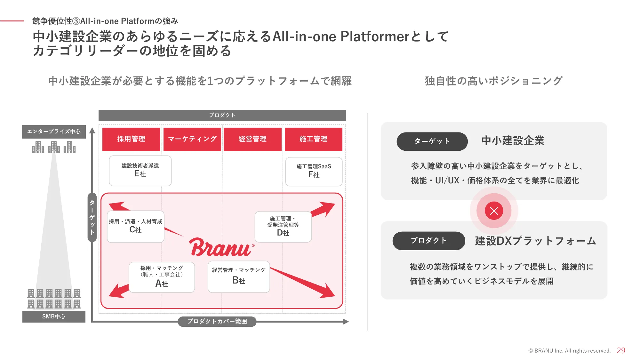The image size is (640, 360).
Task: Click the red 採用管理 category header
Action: point(131,139)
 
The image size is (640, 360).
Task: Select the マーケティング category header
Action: point(192,139)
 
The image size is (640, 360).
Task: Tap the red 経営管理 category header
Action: point(252,139)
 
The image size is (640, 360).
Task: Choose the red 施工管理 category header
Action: point(313,139)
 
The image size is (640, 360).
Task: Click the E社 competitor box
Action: point(140,171)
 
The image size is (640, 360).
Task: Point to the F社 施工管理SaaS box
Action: point(314,172)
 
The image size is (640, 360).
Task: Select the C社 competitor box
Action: point(135,227)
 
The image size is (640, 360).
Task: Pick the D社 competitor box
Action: point(283,227)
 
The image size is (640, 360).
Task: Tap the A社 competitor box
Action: point(162,277)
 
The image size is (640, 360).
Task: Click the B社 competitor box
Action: point(239,276)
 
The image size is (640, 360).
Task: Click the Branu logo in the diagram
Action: point(221,247)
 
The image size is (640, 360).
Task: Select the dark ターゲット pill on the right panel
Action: point(432,141)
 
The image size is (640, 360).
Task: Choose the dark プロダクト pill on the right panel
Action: point(428,241)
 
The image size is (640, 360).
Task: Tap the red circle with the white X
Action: point(494,211)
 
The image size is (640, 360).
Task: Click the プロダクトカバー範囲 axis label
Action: point(217,321)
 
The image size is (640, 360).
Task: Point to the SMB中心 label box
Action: point(54,316)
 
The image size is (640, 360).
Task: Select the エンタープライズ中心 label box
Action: point(54,132)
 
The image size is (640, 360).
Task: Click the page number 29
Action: point(621,351)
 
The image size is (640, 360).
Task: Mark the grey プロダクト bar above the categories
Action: point(222,115)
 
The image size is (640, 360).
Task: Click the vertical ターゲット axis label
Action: point(92,217)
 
